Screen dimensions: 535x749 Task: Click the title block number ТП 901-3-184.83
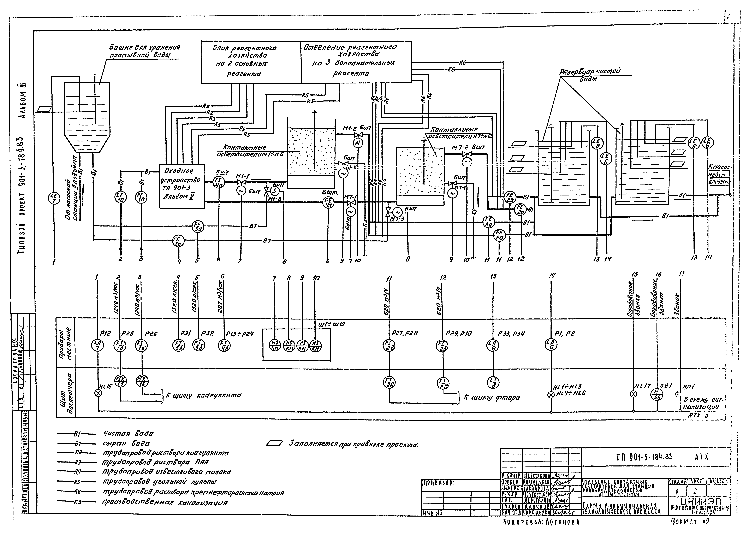pos(644,457)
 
